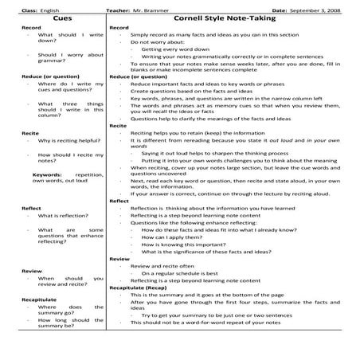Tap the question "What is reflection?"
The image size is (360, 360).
pos(61,215)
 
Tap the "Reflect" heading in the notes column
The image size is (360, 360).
pos(119,202)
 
